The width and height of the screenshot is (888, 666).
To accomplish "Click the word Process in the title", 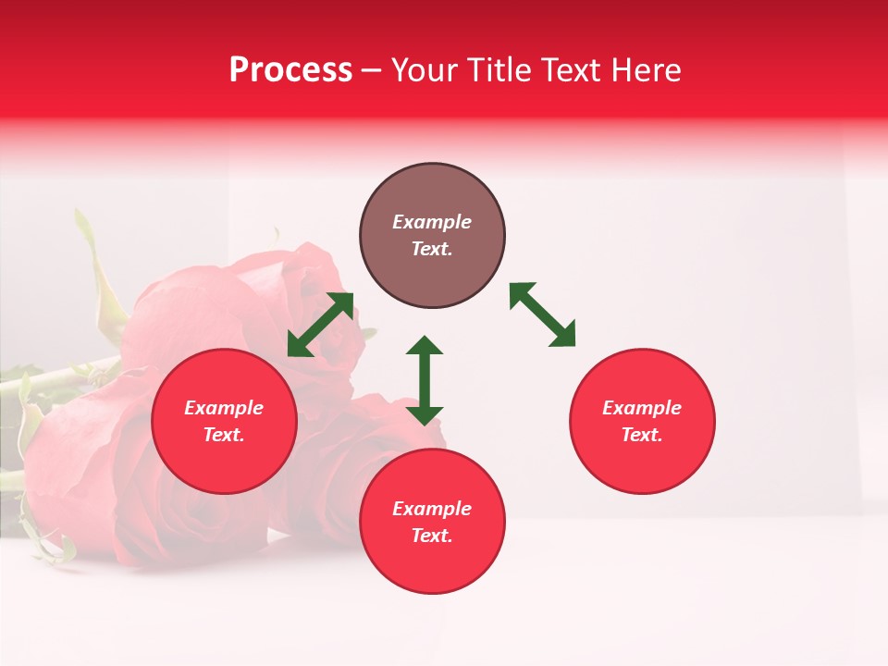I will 290,70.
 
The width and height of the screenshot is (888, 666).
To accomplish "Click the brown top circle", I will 432,236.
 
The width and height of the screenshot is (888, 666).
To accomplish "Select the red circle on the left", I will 224,421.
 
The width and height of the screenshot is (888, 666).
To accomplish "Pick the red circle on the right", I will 642,421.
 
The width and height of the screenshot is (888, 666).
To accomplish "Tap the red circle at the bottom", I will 432,522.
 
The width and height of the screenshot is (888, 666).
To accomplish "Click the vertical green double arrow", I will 425,380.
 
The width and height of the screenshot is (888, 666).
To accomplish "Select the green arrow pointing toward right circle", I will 543,315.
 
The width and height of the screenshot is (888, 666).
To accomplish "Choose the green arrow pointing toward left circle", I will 320,325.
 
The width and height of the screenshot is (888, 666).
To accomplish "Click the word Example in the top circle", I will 432,222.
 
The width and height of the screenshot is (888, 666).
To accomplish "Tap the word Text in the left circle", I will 224,435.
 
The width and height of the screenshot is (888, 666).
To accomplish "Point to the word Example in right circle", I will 642,408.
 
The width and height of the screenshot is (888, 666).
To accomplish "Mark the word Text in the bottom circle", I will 432,536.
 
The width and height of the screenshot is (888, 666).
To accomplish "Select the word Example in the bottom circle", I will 432,509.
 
